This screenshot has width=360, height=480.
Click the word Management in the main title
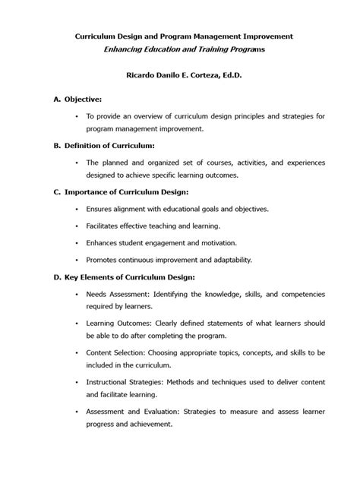tap(211, 36)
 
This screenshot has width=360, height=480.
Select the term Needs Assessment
tap(118, 294)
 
